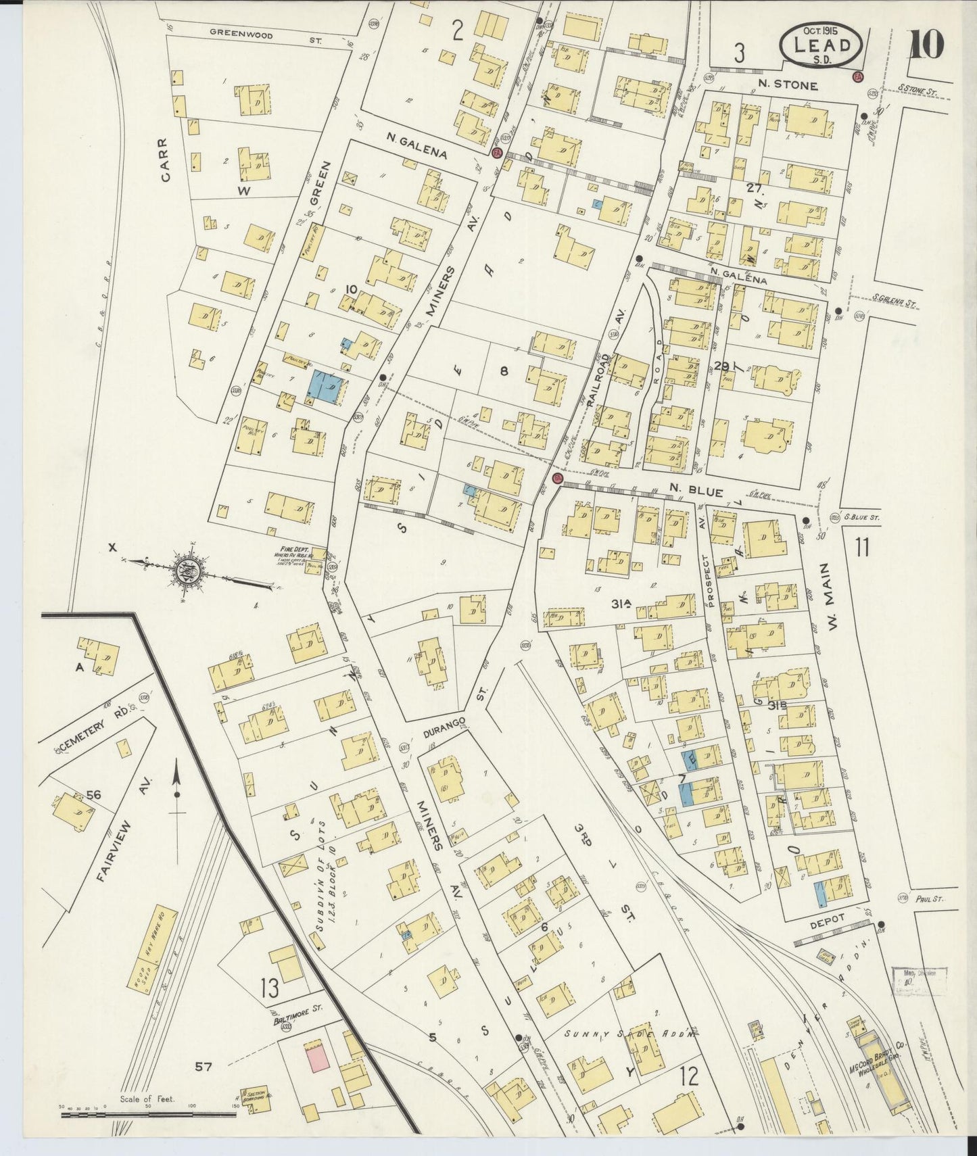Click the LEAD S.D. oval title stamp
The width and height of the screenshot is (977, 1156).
pyautogui.click(x=821, y=45)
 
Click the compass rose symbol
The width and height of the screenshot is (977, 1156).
pyautogui.click(x=185, y=570)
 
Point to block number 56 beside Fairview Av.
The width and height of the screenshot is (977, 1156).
pyautogui.click(x=93, y=795)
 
